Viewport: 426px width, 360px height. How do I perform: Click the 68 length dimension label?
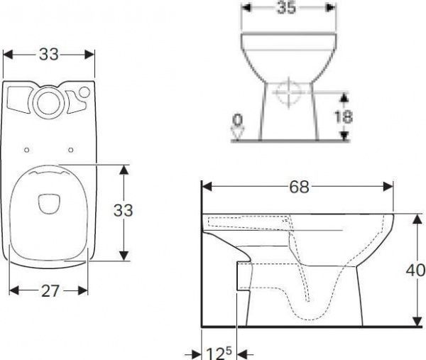(x=299, y=187)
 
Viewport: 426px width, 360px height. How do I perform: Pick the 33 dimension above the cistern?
(x=48, y=53)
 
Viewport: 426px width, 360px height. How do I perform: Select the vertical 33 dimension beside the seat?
(x=124, y=211)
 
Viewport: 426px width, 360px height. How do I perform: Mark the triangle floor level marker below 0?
(x=239, y=132)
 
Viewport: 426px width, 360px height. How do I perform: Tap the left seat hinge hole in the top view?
(x=26, y=149)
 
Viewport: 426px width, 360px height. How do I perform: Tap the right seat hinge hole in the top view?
(x=72, y=149)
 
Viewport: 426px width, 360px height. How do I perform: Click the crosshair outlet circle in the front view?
(x=288, y=94)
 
